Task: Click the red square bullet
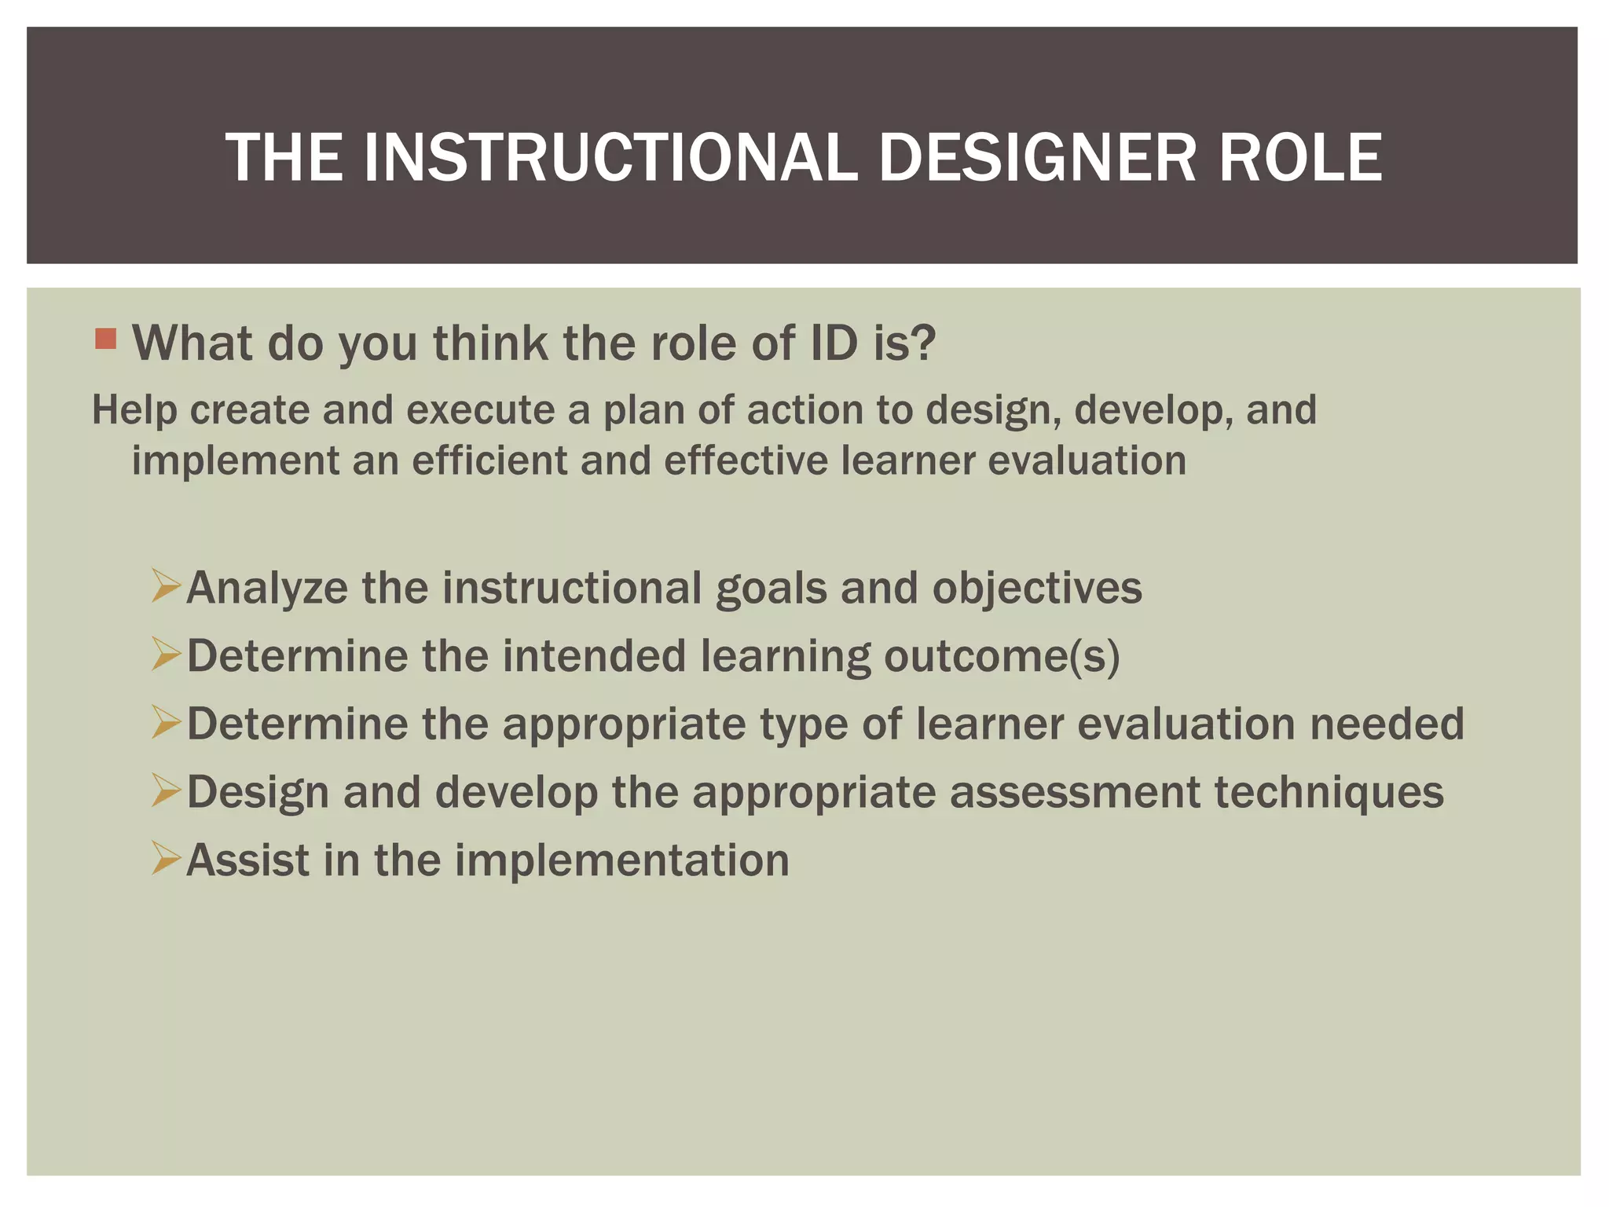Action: [105, 339]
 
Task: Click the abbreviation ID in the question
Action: [834, 343]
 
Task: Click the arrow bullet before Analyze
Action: [167, 586]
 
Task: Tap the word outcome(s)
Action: [1002, 656]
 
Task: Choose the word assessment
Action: [1075, 792]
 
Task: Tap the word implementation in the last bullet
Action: [621, 860]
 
